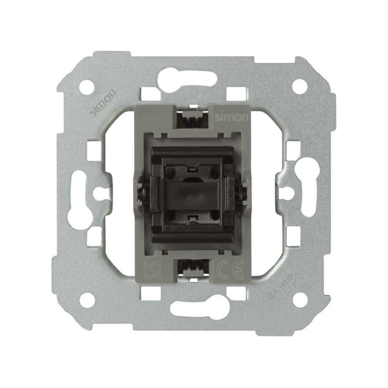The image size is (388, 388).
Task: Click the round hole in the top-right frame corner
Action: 300,86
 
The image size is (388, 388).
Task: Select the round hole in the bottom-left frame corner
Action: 87,300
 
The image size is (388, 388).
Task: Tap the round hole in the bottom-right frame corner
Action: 300,300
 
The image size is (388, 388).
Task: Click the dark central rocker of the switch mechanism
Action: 193,194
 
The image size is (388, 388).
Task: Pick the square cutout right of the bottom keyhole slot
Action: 236,293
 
